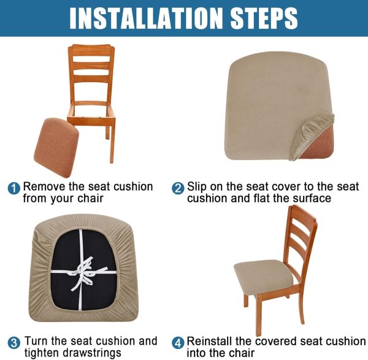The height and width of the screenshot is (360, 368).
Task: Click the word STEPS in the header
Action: click(x=264, y=18)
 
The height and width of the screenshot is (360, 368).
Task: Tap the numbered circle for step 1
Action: click(x=14, y=188)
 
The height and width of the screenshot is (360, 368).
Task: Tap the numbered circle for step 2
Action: click(x=178, y=188)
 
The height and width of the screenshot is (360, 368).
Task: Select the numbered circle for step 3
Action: click(x=14, y=343)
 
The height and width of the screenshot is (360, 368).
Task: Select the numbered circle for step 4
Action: click(x=178, y=343)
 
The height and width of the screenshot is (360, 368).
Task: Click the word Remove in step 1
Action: click(x=44, y=187)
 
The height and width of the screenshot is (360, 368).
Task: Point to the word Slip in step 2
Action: click(x=197, y=187)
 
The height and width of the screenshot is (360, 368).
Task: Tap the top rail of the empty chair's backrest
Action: click(x=91, y=50)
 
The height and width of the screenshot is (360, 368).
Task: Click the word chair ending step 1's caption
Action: click(x=90, y=198)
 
